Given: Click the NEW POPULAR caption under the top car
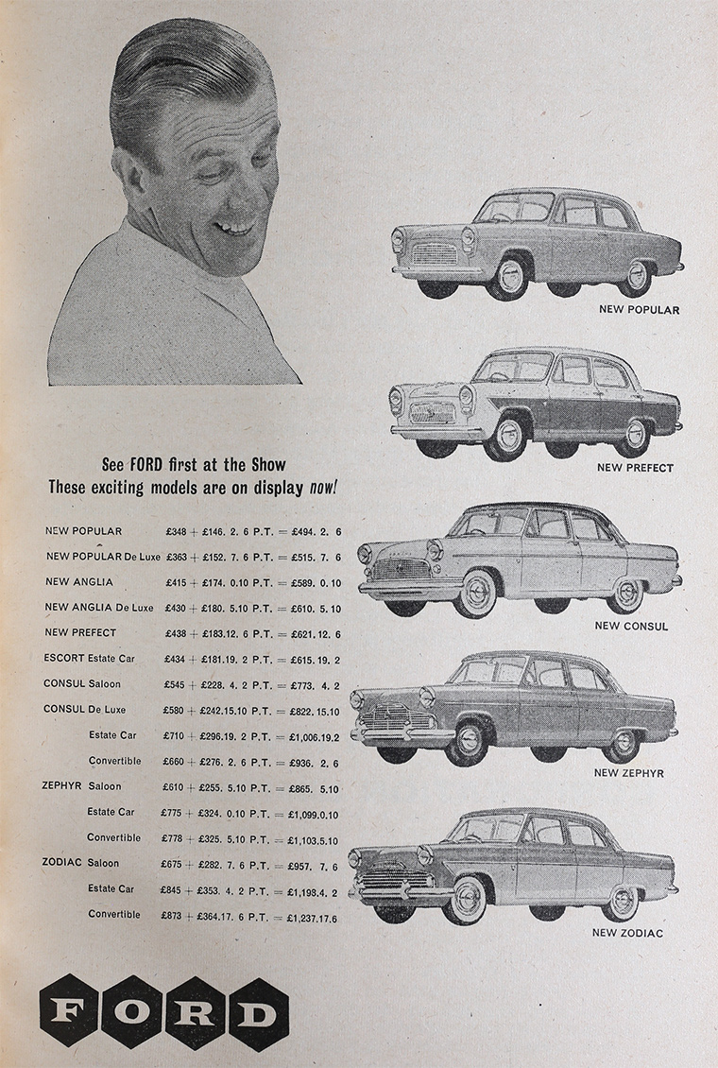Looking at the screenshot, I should tap(639, 309).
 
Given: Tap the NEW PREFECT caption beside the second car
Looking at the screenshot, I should tap(636, 468).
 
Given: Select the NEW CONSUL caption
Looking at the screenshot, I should tap(631, 626).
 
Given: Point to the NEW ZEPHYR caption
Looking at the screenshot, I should tap(628, 773).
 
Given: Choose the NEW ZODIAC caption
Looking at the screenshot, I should tap(627, 933).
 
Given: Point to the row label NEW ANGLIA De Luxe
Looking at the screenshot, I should tap(99, 607).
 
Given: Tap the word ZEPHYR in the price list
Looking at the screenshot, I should tap(61, 786).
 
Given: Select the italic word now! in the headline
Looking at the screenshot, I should tap(323, 489).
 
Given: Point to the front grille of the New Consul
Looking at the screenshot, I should tap(401, 570).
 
